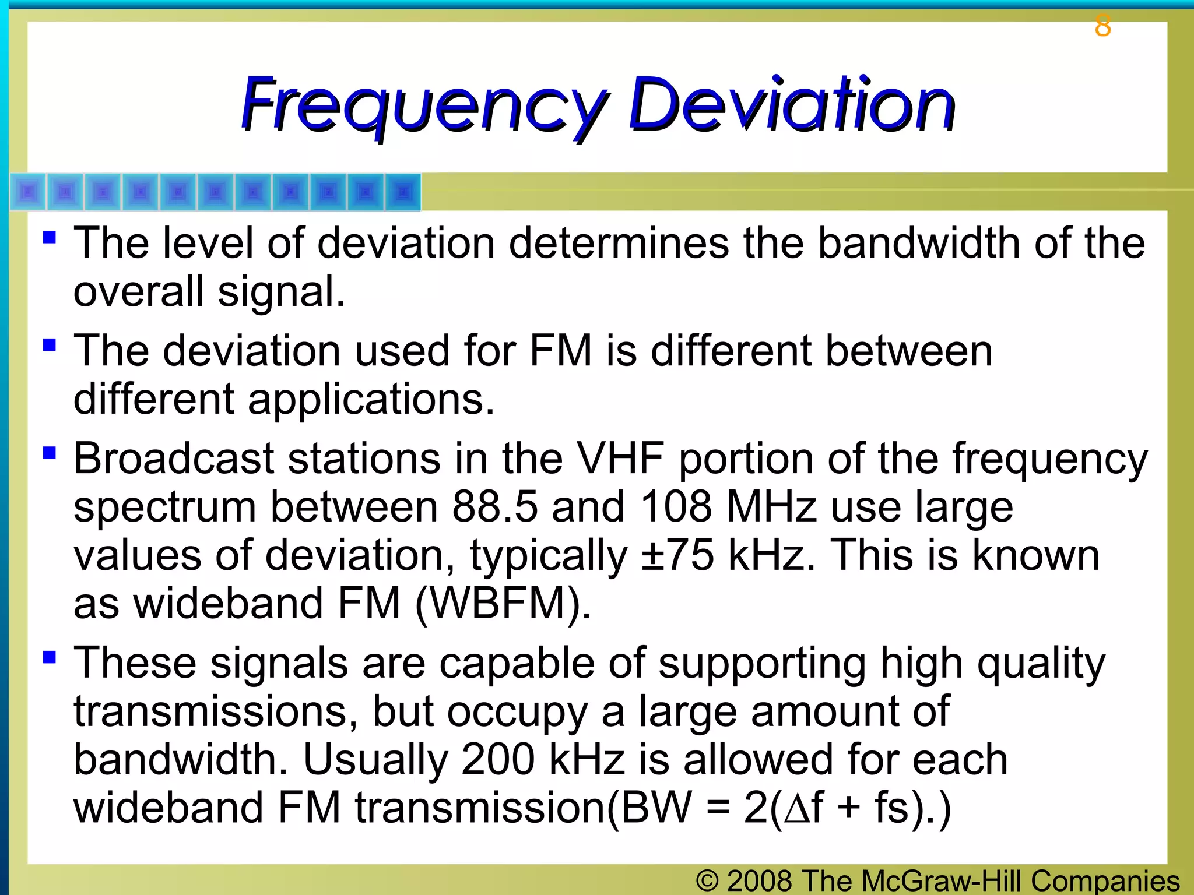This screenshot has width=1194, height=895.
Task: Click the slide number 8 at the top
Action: pyautogui.click(x=1102, y=26)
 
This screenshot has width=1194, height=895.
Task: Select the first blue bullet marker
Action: pyautogui.click(x=50, y=237)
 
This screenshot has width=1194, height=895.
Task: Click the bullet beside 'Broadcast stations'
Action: pyautogui.click(x=50, y=453)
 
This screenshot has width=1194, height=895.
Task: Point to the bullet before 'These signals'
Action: pyautogui.click(x=50, y=657)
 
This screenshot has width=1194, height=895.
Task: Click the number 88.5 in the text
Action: pyautogui.click(x=494, y=507)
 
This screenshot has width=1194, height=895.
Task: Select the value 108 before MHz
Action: pyautogui.click(x=676, y=507)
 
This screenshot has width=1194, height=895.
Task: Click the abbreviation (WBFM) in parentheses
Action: pyautogui.click(x=503, y=604)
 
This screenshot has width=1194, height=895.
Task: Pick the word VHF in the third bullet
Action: pyautogui.click(x=620, y=459)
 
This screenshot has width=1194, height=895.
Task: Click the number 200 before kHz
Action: pyautogui.click(x=498, y=760)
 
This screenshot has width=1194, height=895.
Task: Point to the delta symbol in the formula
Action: pyautogui.click(x=796, y=809)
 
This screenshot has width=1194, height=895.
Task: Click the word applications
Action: pyautogui.click(x=371, y=400)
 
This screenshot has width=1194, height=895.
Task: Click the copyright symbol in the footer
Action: pyautogui.click(x=707, y=881)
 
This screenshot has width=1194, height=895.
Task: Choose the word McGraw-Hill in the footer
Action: pyautogui.click(x=941, y=881)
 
